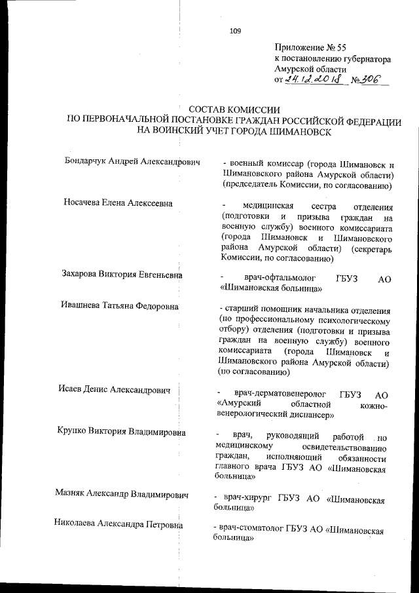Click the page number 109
point(236,29)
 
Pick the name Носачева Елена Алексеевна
point(118,203)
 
